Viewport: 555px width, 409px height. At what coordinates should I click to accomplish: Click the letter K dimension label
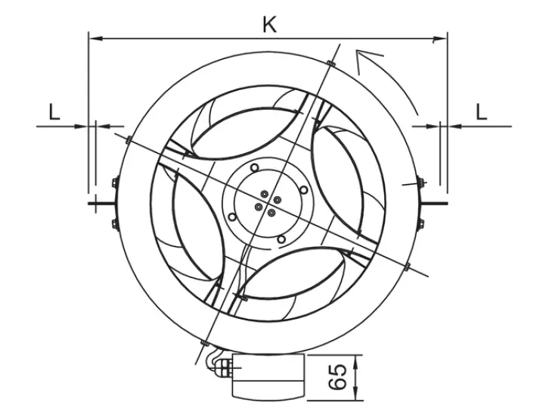click(x=269, y=23)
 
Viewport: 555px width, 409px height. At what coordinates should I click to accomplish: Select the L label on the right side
click(x=481, y=112)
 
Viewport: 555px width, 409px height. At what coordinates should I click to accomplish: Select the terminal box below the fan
click(x=267, y=376)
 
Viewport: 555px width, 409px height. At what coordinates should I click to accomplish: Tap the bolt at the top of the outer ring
click(x=330, y=62)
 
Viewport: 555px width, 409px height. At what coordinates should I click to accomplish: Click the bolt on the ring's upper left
click(x=128, y=139)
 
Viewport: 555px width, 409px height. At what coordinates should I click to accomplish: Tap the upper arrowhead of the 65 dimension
click(x=356, y=359)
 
